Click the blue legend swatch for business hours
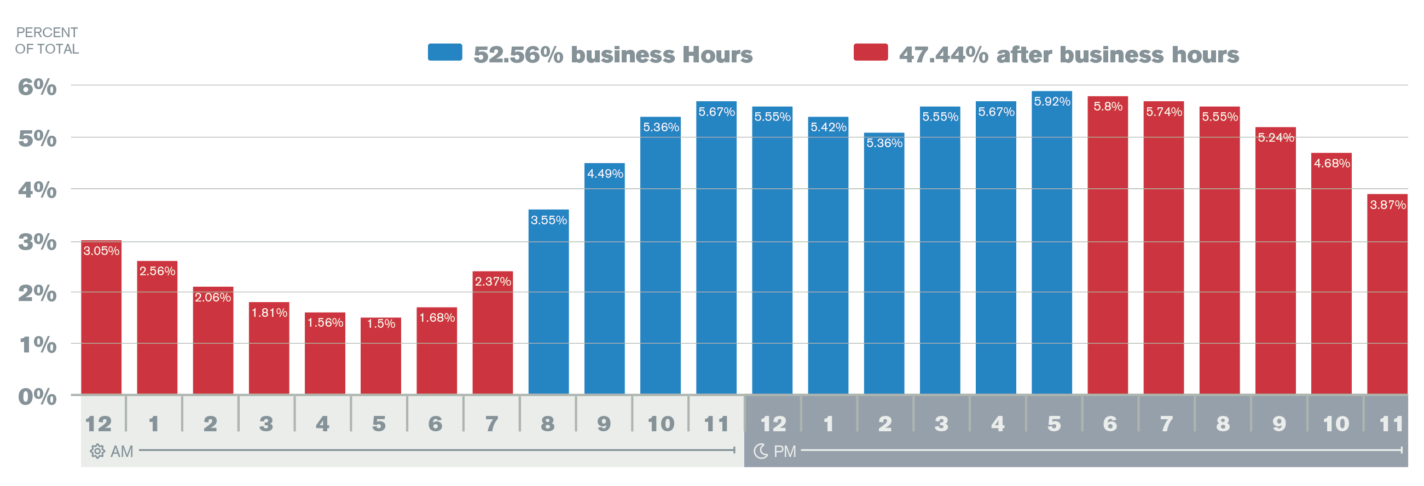coord(444,52)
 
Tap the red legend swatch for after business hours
coord(871,52)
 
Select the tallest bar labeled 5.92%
coord(1051,244)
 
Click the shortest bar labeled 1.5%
coord(380,356)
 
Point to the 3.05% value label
coord(101,251)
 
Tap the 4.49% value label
coord(605,173)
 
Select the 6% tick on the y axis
coord(37,87)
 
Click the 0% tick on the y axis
coord(37,396)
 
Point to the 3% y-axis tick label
coord(37,241)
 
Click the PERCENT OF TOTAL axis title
coord(47,41)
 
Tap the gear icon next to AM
coord(97,451)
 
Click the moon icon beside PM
coord(761,451)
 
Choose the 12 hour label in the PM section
coord(773,424)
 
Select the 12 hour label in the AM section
coord(99,424)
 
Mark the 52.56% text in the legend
coord(518,55)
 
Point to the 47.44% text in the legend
coord(943,55)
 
